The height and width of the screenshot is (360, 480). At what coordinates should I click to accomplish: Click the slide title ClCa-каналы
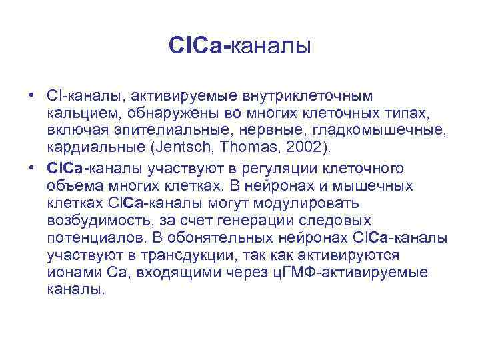pos(240,46)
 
